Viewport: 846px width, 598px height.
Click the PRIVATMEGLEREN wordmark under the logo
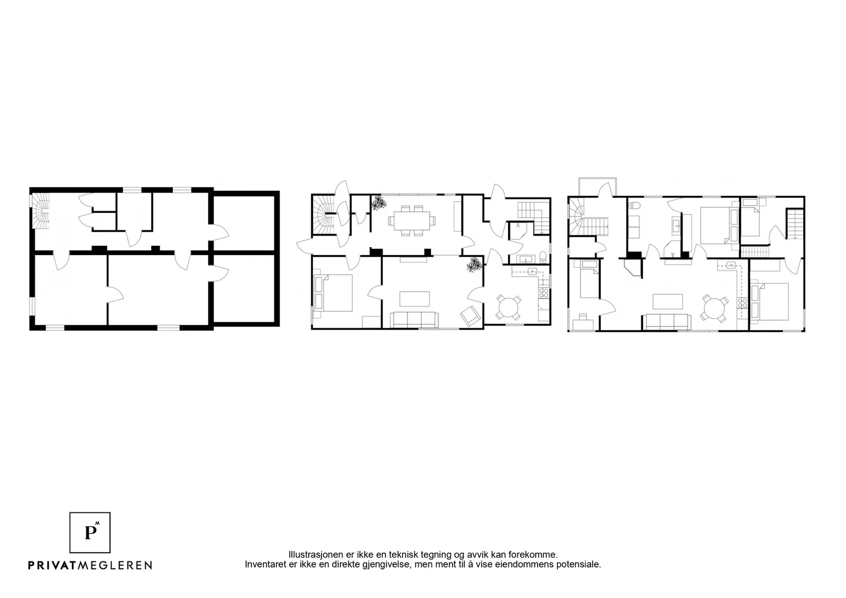click(x=90, y=565)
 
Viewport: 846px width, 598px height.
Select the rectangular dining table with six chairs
click(x=412, y=221)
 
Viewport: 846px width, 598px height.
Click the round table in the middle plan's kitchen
click(x=508, y=307)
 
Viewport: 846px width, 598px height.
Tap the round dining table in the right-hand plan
click(x=714, y=309)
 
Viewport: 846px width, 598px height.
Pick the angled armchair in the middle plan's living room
click(x=470, y=316)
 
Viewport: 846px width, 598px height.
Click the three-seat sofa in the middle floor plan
click(x=415, y=320)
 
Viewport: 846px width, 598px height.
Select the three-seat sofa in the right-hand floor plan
click(x=668, y=322)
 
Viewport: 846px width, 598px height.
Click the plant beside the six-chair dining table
click(x=379, y=203)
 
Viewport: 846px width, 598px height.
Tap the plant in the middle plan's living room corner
click(x=475, y=265)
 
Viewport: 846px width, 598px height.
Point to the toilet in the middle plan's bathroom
click(x=543, y=257)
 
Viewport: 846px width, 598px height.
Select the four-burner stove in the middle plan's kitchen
click(x=544, y=293)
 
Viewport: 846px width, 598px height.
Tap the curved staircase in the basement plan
click(x=42, y=211)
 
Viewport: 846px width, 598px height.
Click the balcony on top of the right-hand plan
click(x=597, y=187)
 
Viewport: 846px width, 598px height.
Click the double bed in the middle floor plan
click(x=335, y=293)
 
